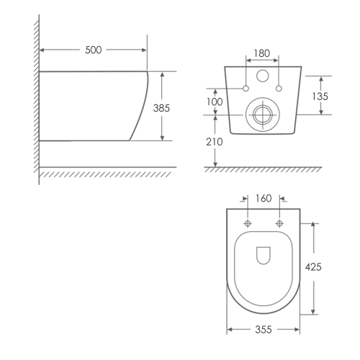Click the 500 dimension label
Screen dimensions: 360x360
point(94,50)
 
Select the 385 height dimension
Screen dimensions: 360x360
point(161,108)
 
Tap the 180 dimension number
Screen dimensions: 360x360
point(262,53)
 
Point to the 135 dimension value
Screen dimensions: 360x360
point(320,96)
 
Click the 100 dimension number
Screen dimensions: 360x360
point(215,102)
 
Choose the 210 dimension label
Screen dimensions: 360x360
point(215,142)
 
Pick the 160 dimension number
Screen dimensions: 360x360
point(264,199)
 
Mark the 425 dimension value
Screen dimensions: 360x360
point(313,267)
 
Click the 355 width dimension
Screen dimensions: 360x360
point(264,330)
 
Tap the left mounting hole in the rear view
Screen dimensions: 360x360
point(246,89)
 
